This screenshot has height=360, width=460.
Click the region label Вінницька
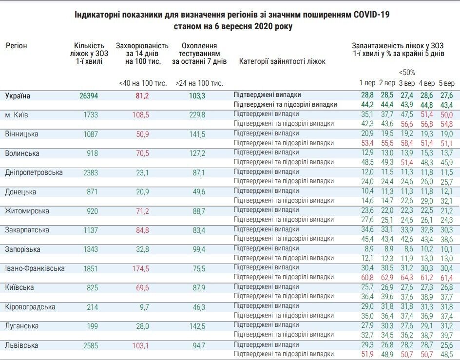[21, 134]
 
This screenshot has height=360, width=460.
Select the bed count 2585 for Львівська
[88, 345]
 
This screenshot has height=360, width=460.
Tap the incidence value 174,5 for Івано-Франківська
[139, 268]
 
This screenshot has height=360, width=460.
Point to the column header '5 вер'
[446, 83]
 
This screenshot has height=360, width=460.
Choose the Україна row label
[18, 96]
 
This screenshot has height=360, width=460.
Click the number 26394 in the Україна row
[88, 96]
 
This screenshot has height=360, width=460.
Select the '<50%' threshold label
[407, 73]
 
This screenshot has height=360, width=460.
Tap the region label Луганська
[21, 326]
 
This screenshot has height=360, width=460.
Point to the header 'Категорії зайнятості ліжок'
[283, 62]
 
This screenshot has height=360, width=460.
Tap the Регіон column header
[17, 46]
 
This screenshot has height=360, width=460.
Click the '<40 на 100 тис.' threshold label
[143, 83]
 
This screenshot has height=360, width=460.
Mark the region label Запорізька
[22, 249]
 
